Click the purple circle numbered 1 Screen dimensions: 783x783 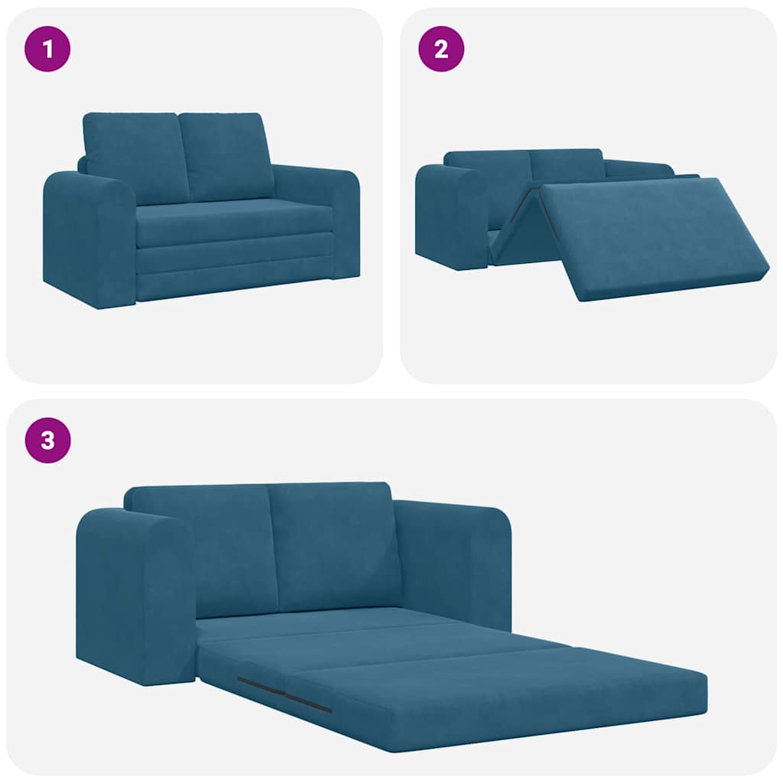click(x=47, y=50)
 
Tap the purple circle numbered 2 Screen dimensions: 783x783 click(x=441, y=50)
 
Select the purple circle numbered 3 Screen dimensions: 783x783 click(x=47, y=441)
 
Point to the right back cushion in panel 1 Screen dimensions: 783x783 click(x=226, y=155)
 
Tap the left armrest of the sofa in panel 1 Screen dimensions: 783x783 click(x=88, y=237)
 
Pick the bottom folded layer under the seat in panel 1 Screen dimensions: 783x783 click(x=233, y=283)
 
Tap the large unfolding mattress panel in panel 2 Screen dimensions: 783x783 click(x=658, y=237)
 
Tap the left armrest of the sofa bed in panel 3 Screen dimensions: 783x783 click(x=134, y=596)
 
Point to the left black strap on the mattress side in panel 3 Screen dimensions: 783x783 click(x=258, y=683)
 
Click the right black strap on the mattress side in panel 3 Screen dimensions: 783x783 click(x=309, y=703)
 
